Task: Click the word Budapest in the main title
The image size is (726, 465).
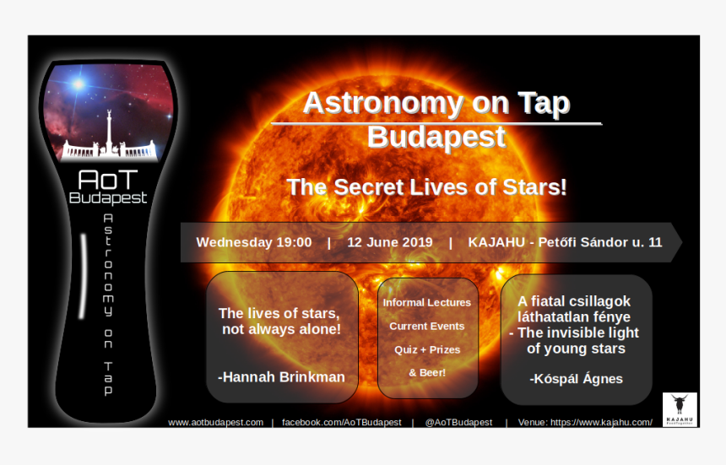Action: coord(436,138)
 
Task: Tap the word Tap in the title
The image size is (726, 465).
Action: coord(544,104)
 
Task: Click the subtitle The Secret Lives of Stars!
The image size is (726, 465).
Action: coord(426,187)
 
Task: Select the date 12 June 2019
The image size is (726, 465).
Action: coord(390,242)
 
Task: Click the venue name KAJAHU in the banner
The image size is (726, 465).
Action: coord(496,242)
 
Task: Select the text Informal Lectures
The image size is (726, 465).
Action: coord(427,303)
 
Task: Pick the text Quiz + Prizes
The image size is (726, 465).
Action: coord(427,349)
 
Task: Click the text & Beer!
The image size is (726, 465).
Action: coord(427,372)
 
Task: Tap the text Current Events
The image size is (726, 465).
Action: coord(427,327)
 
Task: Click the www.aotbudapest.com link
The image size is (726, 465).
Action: coord(216,423)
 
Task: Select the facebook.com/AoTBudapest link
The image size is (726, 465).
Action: coord(342,423)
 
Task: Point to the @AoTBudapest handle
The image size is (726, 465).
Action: coord(459,423)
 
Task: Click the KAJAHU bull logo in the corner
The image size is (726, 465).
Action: coord(680,409)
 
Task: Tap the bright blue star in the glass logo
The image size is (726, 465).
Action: coord(79,84)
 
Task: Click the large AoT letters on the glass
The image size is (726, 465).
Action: coord(108,180)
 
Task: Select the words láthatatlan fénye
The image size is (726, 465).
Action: coord(574,317)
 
